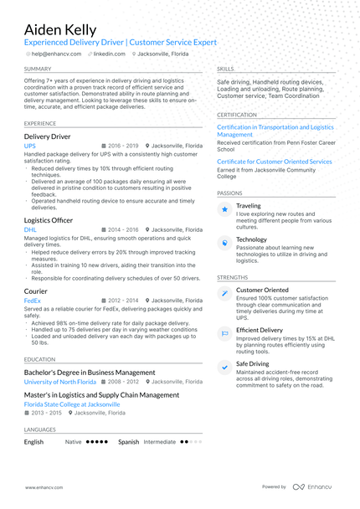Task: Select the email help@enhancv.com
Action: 56,54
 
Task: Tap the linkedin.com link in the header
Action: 109,54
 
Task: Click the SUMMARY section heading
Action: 38,69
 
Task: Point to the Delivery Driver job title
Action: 47,136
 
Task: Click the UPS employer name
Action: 30,146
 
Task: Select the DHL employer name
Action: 30,229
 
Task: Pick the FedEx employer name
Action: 33,300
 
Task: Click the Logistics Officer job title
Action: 49,219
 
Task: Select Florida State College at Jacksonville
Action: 72,404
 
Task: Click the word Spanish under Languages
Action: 128,441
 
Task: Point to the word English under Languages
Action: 34,441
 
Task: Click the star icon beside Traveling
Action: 224,209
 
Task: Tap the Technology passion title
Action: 251,239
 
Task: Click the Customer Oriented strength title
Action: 262,290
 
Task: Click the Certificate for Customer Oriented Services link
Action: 274,162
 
